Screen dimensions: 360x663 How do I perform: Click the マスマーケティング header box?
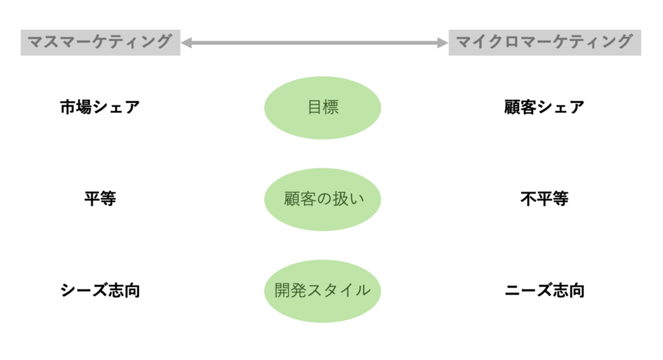click(100, 43)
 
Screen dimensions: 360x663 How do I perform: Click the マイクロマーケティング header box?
click(545, 43)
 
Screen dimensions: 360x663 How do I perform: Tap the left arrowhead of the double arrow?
click(186, 43)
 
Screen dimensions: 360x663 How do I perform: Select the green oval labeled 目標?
click(322, 107)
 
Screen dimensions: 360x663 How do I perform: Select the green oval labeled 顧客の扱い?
click(322, 199)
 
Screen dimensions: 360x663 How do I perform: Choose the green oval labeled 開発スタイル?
click(322, 291)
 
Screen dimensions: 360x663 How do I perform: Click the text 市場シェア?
click(100, 107)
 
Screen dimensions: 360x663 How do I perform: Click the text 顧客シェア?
click(544, 107)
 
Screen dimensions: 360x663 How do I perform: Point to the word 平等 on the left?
click(100, 199)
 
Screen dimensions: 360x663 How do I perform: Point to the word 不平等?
click(544, 199)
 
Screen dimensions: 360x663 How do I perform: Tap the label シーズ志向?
click(100, 291)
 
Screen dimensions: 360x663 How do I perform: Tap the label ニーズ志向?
click(544, 291)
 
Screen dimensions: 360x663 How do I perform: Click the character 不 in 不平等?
click(528, 199)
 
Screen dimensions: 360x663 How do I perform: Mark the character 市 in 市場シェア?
click(68, 107)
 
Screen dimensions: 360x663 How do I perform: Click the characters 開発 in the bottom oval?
click(290, 291)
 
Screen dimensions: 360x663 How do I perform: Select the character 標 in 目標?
click(331, 107)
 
